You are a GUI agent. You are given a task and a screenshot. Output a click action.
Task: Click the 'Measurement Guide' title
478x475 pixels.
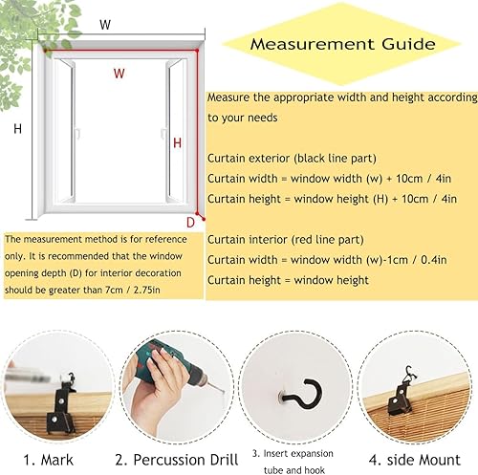pos(342,44)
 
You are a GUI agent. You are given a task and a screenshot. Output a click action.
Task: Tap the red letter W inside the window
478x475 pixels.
pos(119,74)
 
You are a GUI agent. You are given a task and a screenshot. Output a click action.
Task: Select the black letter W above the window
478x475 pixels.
pos(105,25)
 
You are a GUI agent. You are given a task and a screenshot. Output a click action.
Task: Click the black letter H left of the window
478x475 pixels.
pos(18,129)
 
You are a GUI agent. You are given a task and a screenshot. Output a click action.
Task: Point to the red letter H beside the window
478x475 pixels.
pos(177,143)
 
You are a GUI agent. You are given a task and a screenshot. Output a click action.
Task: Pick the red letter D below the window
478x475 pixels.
pos(190,223)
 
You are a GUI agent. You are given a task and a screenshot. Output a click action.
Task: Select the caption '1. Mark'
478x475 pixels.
pos(48,460)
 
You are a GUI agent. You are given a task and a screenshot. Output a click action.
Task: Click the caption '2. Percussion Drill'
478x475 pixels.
pos(177,460)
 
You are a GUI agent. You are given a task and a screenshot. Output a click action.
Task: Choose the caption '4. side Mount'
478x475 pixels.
pos(415,460)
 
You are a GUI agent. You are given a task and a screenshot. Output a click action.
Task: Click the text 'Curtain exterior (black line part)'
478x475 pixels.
pos(292,159)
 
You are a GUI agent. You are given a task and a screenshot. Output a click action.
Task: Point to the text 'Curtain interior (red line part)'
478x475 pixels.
pos(286,240)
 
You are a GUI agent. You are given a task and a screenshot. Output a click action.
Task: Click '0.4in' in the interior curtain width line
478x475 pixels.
pos(434,260)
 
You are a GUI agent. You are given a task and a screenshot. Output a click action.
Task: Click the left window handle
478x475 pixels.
pos(77,133)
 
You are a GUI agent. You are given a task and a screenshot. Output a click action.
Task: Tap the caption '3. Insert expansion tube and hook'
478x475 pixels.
pos(293,462)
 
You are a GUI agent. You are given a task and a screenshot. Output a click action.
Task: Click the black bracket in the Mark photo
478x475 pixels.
pos(63,404)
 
